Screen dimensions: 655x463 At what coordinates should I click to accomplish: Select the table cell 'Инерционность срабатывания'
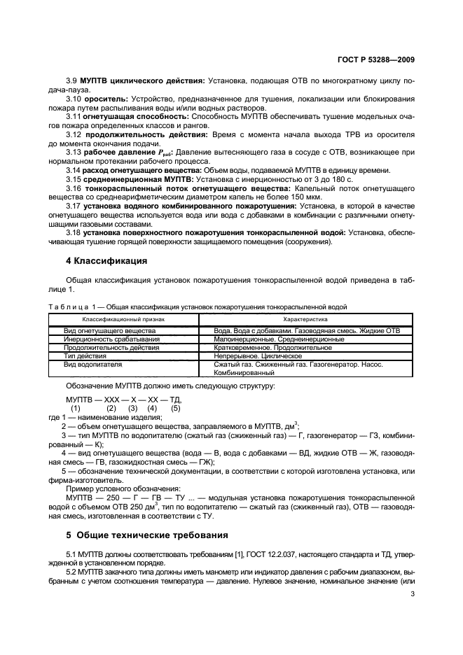click(x=111, y=338)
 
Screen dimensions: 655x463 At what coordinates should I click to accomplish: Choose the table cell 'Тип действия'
click(x=86, y=355)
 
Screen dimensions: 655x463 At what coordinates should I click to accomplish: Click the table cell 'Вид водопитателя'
click(x=93, y=364)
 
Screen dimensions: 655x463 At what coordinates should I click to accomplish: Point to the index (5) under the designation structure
click(x=175, y=407)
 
